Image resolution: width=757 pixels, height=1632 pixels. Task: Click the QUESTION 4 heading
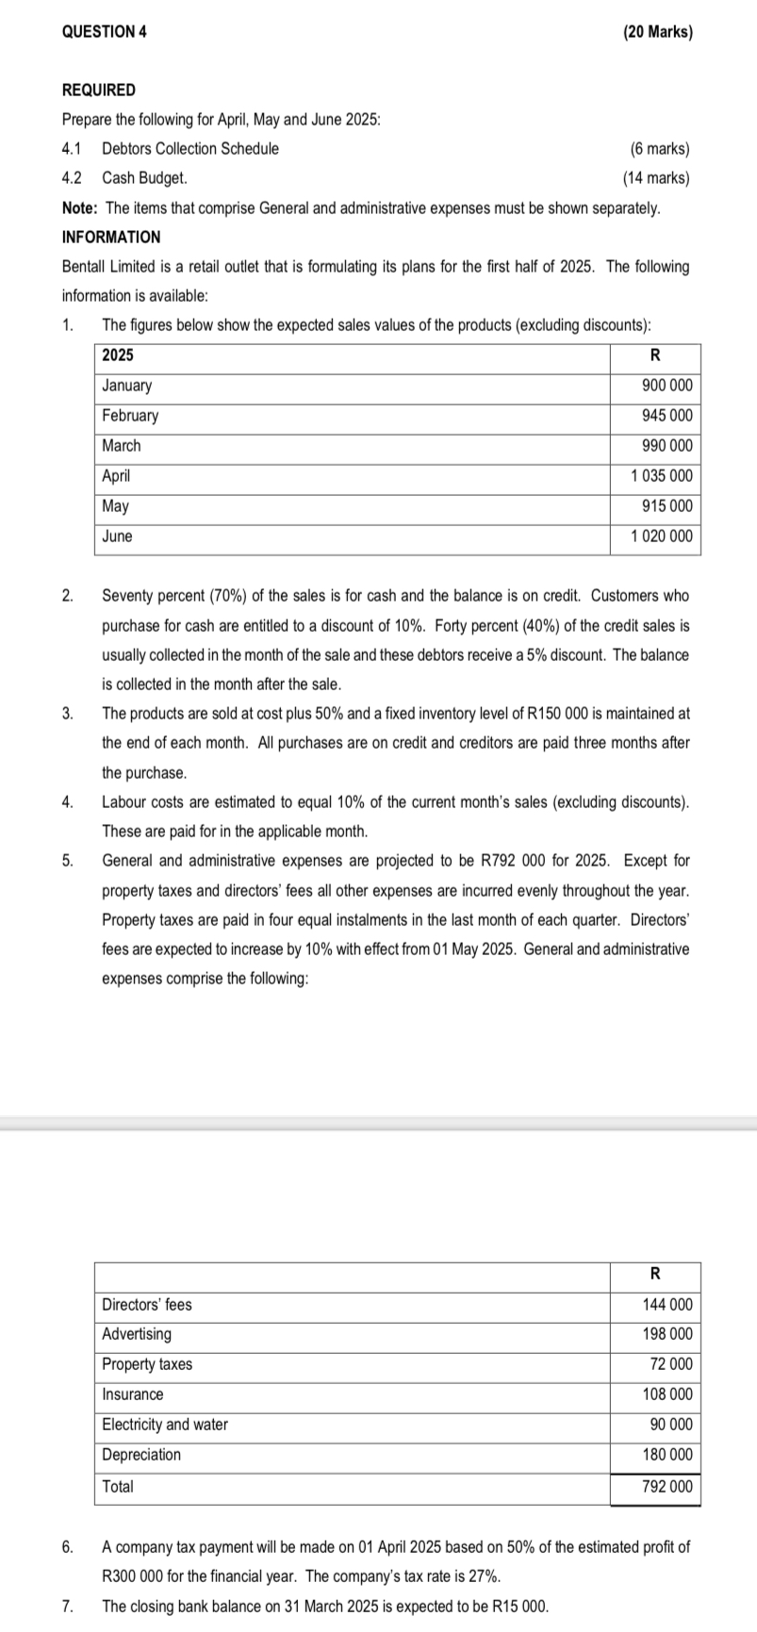(104, 31)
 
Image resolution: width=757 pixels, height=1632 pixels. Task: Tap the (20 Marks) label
(657, 31)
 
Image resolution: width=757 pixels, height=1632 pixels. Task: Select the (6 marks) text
(659, 148)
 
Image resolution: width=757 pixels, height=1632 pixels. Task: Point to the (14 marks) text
(656, 177)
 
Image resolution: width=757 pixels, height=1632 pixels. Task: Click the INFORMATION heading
(110, 237)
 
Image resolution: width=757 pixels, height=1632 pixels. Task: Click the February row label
(130, 416)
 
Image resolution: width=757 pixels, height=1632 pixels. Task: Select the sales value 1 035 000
(661, 476)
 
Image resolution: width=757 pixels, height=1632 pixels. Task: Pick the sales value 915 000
(666, 506)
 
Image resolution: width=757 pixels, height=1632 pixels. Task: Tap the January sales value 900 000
(666, 386)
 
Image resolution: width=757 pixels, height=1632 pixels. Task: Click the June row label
(117, 536)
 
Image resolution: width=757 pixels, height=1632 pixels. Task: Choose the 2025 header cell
(118, 355)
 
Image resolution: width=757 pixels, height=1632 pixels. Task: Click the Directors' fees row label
(146, 1305)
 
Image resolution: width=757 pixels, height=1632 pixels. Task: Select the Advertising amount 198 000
(666, 1334)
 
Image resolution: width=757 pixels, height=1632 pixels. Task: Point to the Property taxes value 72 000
(670, 1364)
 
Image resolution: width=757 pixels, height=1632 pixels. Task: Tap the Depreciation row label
(141, 1455)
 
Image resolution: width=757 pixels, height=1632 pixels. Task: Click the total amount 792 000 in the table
(666, 1487)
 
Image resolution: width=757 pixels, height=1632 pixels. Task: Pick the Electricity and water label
(165, 1425)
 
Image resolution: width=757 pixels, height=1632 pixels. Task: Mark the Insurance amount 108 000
(666, 1394)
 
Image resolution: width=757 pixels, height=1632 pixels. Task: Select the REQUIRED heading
(98, 90)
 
